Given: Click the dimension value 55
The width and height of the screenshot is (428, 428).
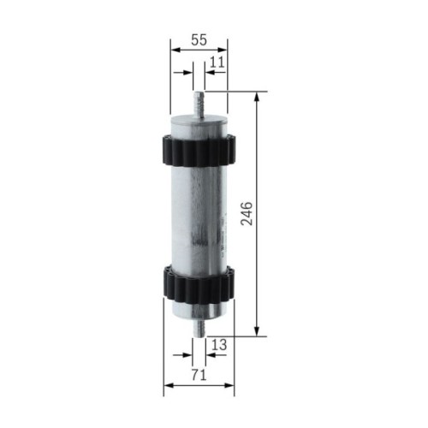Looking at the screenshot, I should click(x=199, y=40).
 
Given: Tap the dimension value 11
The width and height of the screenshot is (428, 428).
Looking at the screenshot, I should click(x=217, y=62).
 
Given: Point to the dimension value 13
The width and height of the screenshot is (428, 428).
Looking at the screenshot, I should click(x=219, y=344).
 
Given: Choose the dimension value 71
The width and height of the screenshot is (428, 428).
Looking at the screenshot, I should click(x=198, y=374).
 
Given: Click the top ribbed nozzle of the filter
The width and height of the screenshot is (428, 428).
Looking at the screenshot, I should click(x=199, y=102).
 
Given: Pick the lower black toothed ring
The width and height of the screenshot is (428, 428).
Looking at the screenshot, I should click(x=199, y=282).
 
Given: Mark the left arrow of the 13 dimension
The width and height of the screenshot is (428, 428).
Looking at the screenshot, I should click(x=188, y=354).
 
